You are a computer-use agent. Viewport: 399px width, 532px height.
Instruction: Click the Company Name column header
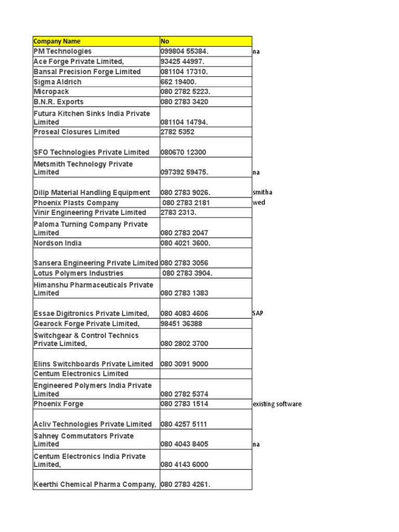click(57, 42)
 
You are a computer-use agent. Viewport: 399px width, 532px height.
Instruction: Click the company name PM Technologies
click(62, 51)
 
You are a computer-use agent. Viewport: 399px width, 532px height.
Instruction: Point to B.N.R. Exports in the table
click(58, 102)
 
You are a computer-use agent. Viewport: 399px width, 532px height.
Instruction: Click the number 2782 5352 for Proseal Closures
click(178, 132)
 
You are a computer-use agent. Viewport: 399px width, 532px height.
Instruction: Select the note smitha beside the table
click(262, 192)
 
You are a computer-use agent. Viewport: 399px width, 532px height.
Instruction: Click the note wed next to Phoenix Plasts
click(259, 203)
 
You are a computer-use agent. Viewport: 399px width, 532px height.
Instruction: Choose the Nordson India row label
click(58, 243)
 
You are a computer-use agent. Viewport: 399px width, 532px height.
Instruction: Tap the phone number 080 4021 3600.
click(185, 243)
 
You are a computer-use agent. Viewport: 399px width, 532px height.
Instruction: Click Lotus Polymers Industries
click(78, 273)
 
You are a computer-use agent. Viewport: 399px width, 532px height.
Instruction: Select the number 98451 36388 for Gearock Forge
click(181, 324)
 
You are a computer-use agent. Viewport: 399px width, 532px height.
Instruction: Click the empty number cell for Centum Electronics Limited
click(206, 374)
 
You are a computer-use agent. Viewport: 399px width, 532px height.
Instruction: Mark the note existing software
click(277, 404)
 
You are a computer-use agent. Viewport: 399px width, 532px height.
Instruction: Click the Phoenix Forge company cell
click(58, 404)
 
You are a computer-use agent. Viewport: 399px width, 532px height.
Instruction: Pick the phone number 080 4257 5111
click(184, 424)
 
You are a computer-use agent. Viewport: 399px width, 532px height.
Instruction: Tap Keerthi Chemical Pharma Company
click(95, 485)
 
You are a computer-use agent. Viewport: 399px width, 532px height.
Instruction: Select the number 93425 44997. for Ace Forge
click(182, 61)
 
